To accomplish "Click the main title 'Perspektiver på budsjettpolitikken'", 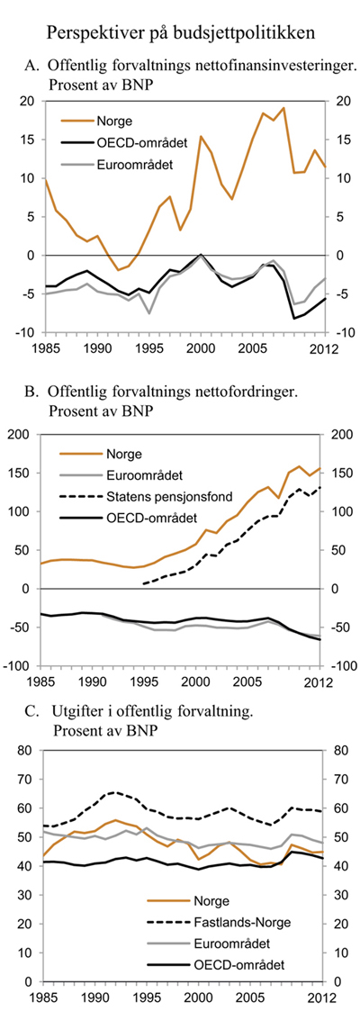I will point(180,34).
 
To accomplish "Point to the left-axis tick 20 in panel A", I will point(28,102).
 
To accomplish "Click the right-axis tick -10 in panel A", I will point(334,333).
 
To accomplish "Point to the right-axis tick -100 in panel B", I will point(337,666).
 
